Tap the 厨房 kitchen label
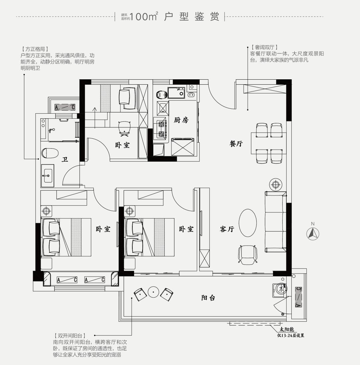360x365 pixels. click(x=181, y=120)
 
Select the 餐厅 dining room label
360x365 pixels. click(x=236, y=144)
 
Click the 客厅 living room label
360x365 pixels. click(x=227, y=229)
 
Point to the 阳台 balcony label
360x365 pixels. click(x=208, y=298)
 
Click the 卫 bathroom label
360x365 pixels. click(x=65, y=160)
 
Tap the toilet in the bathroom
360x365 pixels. click(x=50, y=153)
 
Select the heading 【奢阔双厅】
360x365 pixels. click(x=265, y=47)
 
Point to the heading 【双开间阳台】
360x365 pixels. click(x=70, y=336)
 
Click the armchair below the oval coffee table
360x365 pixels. click(x=248, y=255)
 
